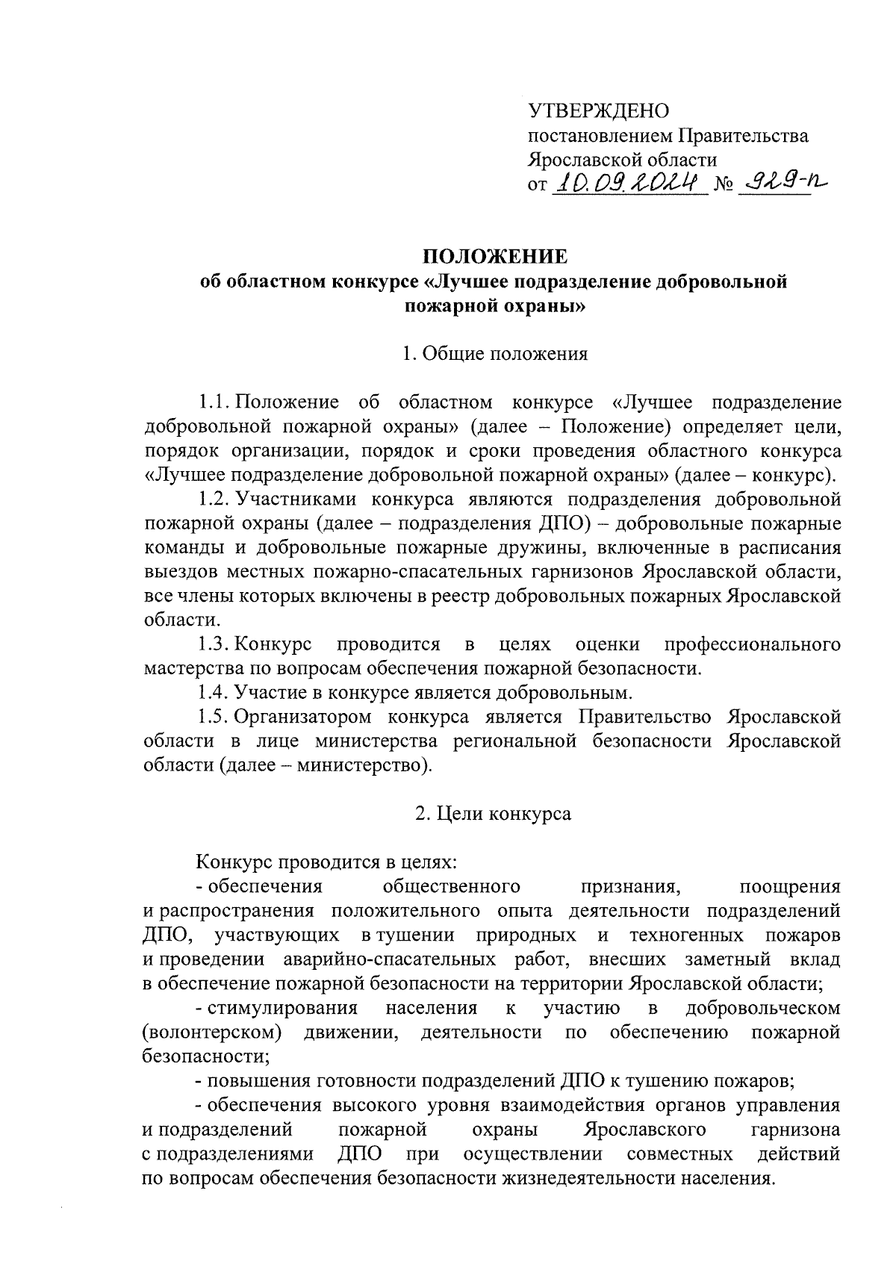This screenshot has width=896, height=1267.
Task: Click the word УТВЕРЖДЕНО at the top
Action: click(x=598, y=111)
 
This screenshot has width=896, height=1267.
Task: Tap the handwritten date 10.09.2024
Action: click(x=629, y=181)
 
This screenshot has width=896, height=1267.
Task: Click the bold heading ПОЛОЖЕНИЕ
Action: click(x=495, y=256)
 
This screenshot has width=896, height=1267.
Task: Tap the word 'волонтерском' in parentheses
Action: click(x=211, y=1033)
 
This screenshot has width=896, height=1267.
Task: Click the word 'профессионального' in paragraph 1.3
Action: click(x=752, y=644)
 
